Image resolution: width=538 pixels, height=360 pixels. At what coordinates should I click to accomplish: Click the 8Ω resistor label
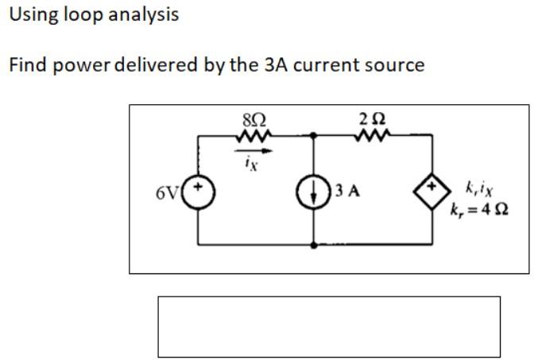(254, 120)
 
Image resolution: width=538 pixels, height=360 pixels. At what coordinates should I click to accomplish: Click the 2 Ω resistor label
(373, 120)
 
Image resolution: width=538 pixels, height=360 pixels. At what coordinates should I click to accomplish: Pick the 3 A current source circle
(317, 192)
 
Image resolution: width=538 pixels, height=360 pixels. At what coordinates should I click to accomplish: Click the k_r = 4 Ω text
(479, 211)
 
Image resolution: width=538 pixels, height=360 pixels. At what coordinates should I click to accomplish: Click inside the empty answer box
(329, 327)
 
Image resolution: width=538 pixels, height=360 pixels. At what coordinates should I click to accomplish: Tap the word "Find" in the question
(25, 65)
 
